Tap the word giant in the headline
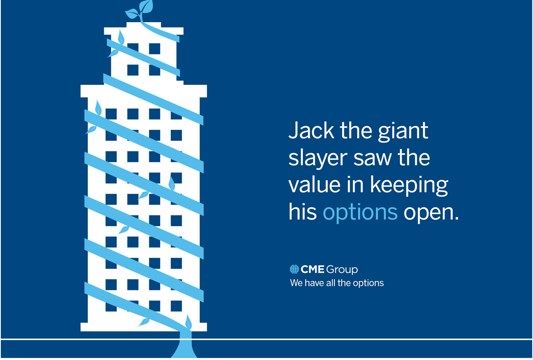click(403, 131)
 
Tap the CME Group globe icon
click(294, 269)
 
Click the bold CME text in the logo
click(312, 269)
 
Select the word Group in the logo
click(342, 270)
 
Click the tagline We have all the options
click(337, 283)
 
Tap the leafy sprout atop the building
click(140, 11)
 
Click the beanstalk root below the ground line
click(184, 349)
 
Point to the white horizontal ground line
click(266, 339)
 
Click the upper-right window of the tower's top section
click(154, 49)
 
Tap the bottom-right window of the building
click(176, 306)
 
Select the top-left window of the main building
click(111, 114)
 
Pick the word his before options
click(303, 211)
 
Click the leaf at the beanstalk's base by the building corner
click(188, 322)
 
